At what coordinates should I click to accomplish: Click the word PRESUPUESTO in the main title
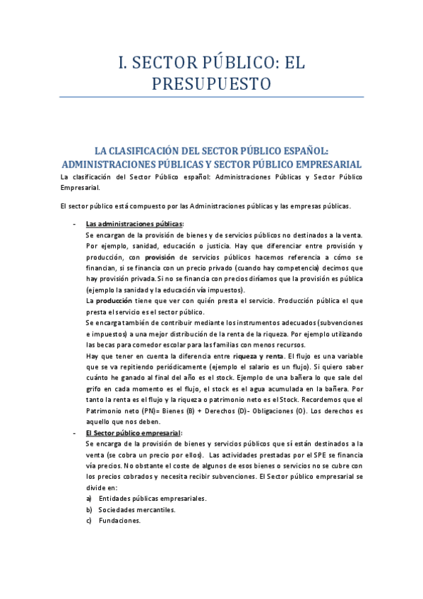click(x=212, y=84)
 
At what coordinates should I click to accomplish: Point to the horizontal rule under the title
click(x=212, y=97)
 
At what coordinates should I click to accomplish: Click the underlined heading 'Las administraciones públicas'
click(x=133, y=223)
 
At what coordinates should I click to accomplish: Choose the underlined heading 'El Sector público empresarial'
click(x=133, y=432)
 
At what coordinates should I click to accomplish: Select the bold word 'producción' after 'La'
click(x=112, y=301)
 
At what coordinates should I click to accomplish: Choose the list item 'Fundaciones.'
click(x=119, y=521)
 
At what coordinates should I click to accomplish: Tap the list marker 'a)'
click(x=89, y=498)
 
